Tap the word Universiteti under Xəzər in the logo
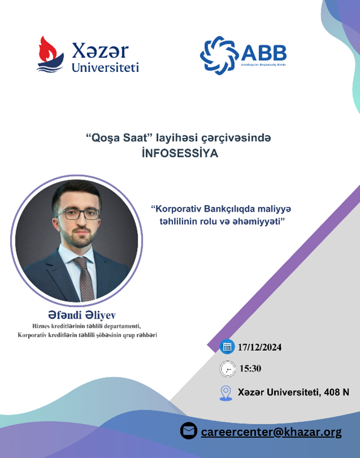click(105, 67)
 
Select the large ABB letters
click(264, 53)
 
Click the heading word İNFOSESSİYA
click(180, 153)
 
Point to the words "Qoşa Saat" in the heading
click(118, 137)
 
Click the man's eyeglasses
click(78, 214)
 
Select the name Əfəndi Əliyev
click(82, 315)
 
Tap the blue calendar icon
click(227, 347)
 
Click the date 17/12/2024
click(260, 347)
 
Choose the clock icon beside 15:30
click(228, 369)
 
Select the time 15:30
click(251, 368)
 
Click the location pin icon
click(226, 393)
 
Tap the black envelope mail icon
click(189, 431)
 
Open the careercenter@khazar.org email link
click(271, 432)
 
